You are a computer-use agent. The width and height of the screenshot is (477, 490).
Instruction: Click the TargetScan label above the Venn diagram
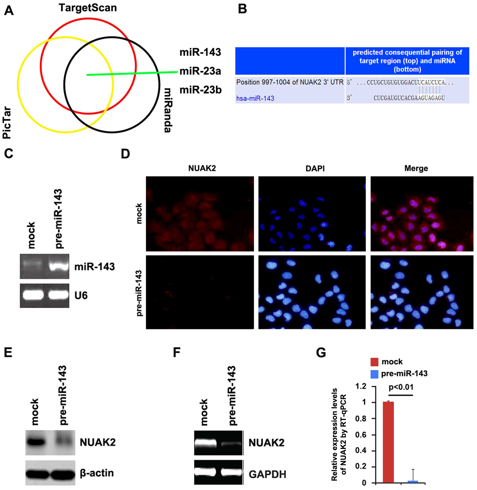pyautogui.click(x=88, y=8)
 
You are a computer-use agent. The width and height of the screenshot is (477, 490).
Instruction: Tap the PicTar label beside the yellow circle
pyautogui.click(x=7, y=123)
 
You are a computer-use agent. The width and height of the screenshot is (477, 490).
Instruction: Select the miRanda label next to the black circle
pyautogui.click(x=167, y=110)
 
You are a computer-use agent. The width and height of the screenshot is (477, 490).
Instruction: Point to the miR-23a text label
pyautogui.click(x=200, y=71)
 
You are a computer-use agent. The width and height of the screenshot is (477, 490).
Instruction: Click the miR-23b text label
pyautogui.click(x=200, y=90)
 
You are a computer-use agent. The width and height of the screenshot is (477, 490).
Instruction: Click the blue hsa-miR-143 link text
pyautogui.click(x=255, y=98)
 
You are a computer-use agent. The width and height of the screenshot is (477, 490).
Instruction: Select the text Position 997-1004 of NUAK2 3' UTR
pyautogui.click(x=290, y=82)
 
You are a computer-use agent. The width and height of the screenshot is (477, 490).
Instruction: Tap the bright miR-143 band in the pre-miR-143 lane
pyautogui.click(x=59, y=267)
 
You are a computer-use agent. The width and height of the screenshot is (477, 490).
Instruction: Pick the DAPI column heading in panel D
pyautogui.click(x=315, y=168)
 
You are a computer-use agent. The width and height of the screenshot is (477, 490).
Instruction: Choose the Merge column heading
pyautogui.click(x=416, y=168)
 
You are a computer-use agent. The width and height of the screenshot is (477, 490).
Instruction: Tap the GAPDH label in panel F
pyautogui.click(x=267, y=474)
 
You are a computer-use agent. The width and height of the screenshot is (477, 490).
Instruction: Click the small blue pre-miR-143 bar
pyautogui.click(x=412, y=481)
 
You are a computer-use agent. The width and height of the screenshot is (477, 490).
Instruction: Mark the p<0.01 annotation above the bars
pyautogui.click(x=401, y=387)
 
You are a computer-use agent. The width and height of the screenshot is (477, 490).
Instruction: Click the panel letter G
pyautogui.click(x=321, y=353)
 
